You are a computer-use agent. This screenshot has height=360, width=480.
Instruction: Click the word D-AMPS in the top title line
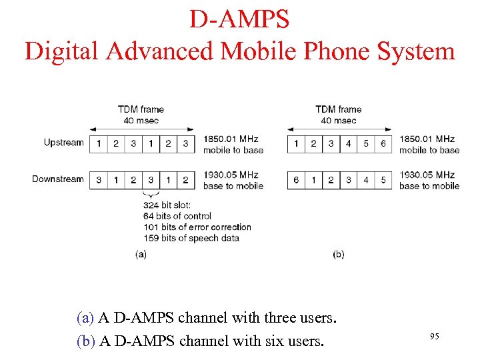pyautogui.click(x=239, y=19)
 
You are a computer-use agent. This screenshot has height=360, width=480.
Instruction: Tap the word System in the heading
pyautogui.click(x=414, y=51)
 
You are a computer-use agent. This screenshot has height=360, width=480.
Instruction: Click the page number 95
pyautogui.click(x=434, y=337)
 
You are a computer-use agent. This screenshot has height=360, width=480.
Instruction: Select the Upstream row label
pyautogui.click(x=63, y=143)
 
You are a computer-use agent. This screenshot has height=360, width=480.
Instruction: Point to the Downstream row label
pyautogui.click(x=58, y=179)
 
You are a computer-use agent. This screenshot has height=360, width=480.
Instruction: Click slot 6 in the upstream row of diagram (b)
pyautogui.click(x=383, y=143)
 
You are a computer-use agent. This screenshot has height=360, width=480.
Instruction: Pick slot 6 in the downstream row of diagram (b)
pyautogui.click(x=296, y=180)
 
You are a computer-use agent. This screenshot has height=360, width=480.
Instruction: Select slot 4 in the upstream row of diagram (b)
pyautogui.click(x=349, y=143)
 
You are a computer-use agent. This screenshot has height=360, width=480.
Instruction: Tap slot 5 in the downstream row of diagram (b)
pyautogui.click(x=383, y=180)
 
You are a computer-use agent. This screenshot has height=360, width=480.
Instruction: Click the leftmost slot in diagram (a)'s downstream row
pyautogui.click(x=99, y=180)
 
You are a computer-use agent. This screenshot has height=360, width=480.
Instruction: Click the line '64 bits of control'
pyautogui.click(x=177, y=216)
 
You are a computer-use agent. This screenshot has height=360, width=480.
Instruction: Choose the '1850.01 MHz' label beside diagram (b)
pyautogui.click(x=427, y=139)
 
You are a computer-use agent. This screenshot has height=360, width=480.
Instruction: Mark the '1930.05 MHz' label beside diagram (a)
pyautogui.click(x=231, y=175)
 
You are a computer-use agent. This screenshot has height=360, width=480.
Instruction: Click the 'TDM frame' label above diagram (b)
pyautogui.click(x=338, y=109)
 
